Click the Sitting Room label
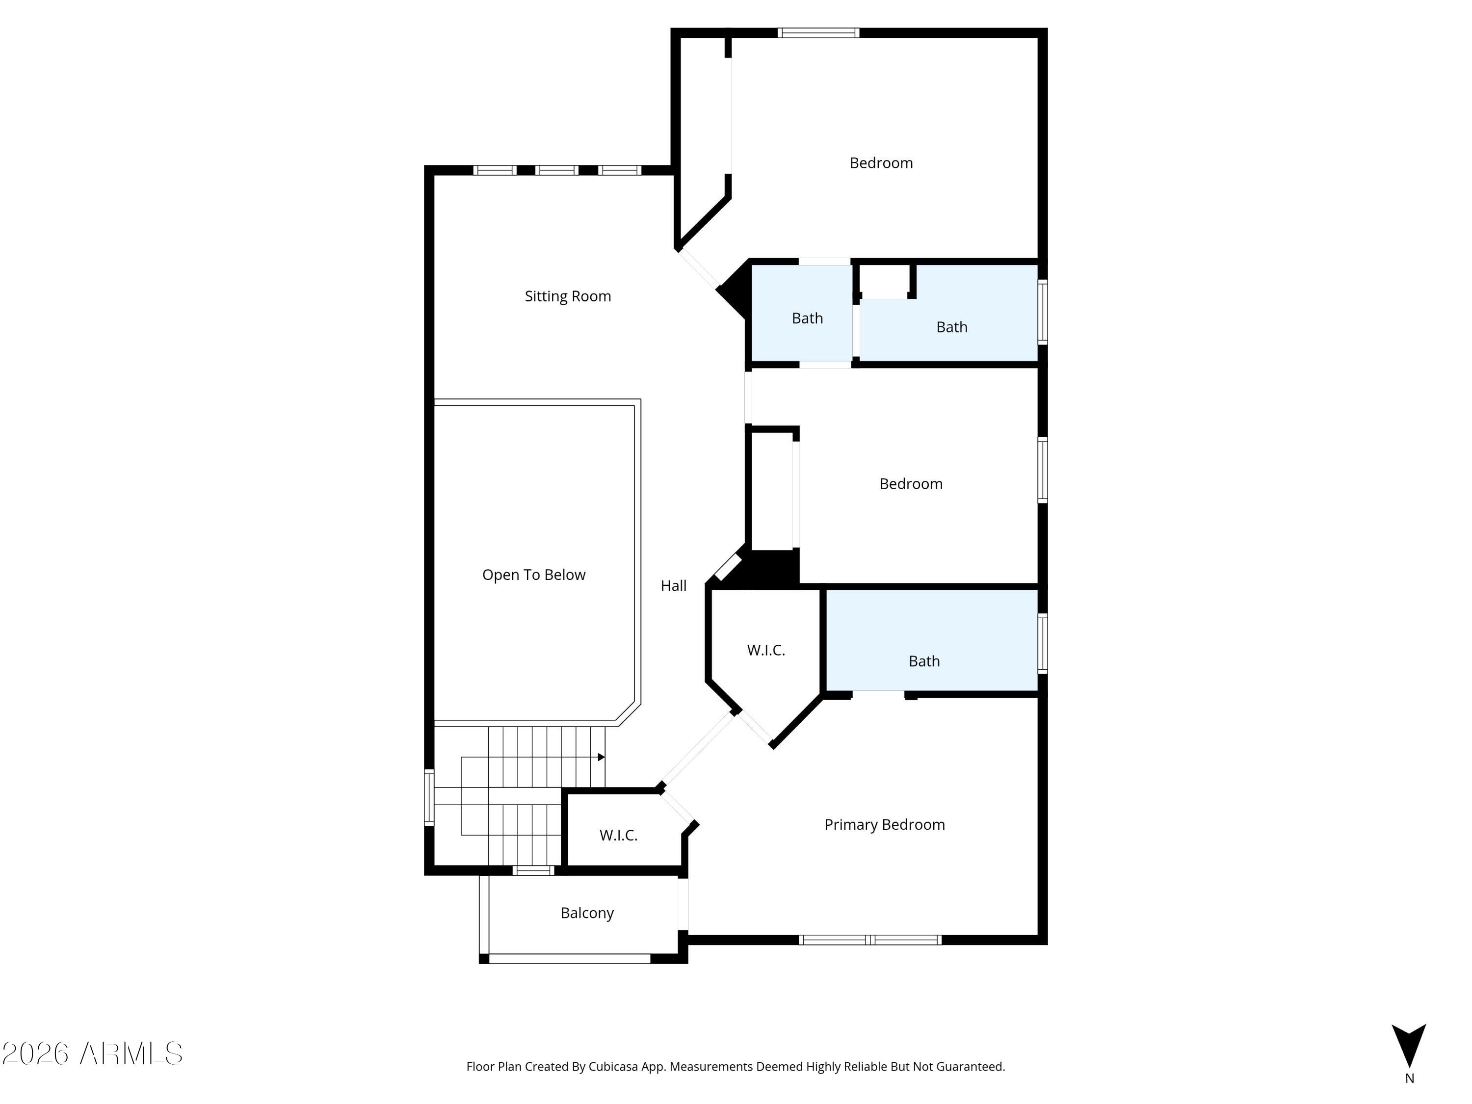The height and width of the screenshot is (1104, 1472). (568, 296)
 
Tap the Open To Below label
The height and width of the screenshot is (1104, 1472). (534, 575)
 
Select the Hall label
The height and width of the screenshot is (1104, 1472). (674, 585)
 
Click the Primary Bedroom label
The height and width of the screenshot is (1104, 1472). (884, 824)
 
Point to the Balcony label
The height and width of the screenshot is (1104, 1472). (587, 913)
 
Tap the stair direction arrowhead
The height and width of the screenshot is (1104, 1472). (601, 757)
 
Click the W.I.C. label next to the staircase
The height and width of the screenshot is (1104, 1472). (618, 835)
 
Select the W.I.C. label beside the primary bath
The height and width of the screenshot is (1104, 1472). (766, 650)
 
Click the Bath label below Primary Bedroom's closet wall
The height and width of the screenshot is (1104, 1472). (924, 661)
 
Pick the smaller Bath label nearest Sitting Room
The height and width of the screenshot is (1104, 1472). (807, 318)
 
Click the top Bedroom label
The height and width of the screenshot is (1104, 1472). (881, 163)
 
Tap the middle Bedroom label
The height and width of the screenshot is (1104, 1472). (911, 484)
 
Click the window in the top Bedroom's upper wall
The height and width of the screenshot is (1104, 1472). (818, 32)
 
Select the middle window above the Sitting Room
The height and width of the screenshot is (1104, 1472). (557, 170)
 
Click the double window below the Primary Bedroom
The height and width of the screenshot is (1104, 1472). (870, 940)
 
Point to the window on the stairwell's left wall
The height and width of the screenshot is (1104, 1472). (429, 797)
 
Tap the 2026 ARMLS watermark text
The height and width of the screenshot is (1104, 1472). (93, 1053)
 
